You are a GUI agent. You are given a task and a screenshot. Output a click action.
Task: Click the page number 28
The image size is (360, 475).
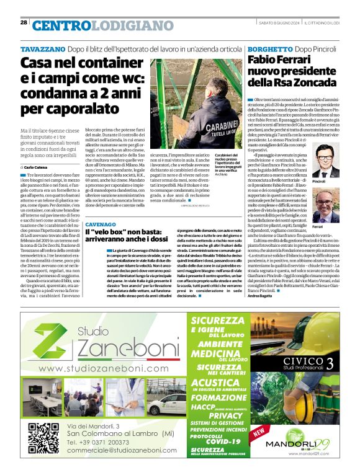(x=24, y=22)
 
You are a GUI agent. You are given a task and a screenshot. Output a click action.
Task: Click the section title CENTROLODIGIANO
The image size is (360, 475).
(x=94, y=25)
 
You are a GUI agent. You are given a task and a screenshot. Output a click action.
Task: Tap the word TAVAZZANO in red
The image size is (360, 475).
(x=42, y=48)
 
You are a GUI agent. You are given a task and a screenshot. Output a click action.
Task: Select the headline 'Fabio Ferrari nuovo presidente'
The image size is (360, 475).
(x=292, y=71)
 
